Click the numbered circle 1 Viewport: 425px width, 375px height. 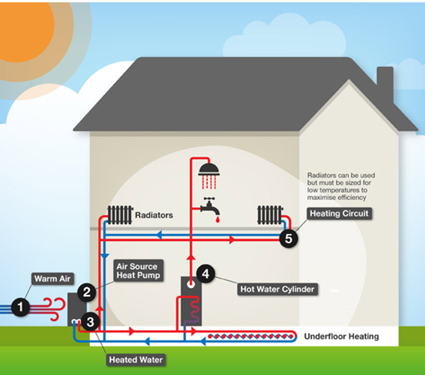click(20, 307)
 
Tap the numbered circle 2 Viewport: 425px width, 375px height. click(87, 293)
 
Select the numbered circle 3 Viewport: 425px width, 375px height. click(90, 322)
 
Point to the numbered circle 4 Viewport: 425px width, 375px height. click(206, 273)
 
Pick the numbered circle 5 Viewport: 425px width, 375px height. click(289, 239)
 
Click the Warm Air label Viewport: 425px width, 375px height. click(52, 279)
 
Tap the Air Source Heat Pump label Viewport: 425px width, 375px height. click(139, 270)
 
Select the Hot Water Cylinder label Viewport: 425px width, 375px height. click(277, 289)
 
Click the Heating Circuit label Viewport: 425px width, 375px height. click(339, 213)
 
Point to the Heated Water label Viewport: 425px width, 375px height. click(136, 360)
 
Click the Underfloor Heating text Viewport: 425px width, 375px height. click(342, 336)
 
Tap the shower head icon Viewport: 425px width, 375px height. click(209, 176)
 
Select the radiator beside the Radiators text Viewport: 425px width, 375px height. click(120, 215)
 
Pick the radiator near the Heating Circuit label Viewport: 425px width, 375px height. click(269, 215)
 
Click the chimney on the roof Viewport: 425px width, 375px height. click(385, 82)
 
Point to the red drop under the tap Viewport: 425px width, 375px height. click(217, 219)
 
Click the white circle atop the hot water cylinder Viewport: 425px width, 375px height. click(191, 284)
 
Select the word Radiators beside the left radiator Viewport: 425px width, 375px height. click(154, 215)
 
